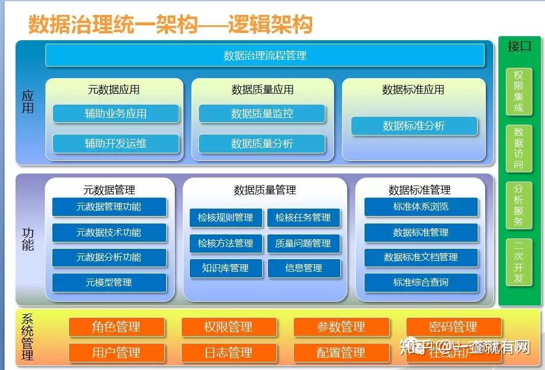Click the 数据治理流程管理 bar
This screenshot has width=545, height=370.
pyautogui.click(x=264, y=56)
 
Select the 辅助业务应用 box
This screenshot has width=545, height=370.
pyautogui.click(x=116, y=114)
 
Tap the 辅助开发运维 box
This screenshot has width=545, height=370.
pyautogui.click(x=116, y=144)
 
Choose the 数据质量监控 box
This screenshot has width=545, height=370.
pyautogui.click(x=262, y=114)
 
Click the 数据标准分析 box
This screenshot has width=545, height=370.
pyautogui.click(x=414, y=126)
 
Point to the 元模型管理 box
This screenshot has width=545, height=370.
pyautogui.click(x=109, y=283)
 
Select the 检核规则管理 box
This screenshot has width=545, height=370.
pyautogui.click(x=225, y=218)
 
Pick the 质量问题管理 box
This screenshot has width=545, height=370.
pyautogui.click(x=304, y=243)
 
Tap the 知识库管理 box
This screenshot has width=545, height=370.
pyautogui.click(x=225, y=268)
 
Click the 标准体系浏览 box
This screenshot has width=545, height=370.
pyautogui.click(x=421, y=207)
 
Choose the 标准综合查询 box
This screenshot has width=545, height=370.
pyautogui.click(x=421, y=282)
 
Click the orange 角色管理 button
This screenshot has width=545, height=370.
pyautogui.click(x=116, y=327)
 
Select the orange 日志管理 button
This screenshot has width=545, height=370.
pyautogui.click(x=228, y=352)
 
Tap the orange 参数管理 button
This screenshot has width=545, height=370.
pyautogui.click(x=341, y=327)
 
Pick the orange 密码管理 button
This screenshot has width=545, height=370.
pyautogui.click(x=453, y=327)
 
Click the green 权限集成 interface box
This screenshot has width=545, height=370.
pyautogui.click(x=519, y=91)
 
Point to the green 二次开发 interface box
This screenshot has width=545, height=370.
pyautogui.click(x=519, y=262)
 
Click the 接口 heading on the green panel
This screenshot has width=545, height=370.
pyautogui.click(x=519, y=47)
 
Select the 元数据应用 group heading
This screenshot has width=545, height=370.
pyautogui.click(x=114, y=90)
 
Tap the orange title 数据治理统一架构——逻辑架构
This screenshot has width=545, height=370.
pyautogui.click(x=170, y=25)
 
